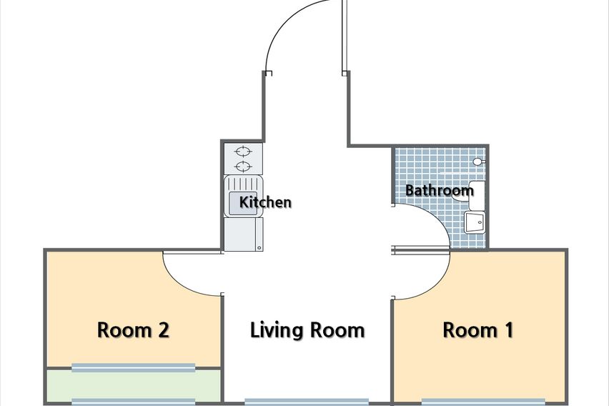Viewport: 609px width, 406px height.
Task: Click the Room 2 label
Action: point(133,330)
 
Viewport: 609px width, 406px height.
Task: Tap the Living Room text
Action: point(307,330)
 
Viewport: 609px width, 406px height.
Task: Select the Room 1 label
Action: point(477,330)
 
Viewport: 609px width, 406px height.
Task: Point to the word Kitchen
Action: point(265,202)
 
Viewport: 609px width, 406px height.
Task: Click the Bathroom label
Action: point(440,190)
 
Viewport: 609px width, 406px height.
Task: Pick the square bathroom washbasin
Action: point(475,222)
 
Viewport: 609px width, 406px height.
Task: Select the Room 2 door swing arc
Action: point(181,281)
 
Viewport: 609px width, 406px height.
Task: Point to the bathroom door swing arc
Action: point(435,217)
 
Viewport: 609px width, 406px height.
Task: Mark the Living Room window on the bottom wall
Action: point(307,402)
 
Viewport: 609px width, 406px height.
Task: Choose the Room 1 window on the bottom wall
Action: point(483,402)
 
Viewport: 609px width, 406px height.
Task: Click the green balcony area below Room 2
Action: point(133,385)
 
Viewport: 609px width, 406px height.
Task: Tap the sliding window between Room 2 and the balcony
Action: point(133,367)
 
